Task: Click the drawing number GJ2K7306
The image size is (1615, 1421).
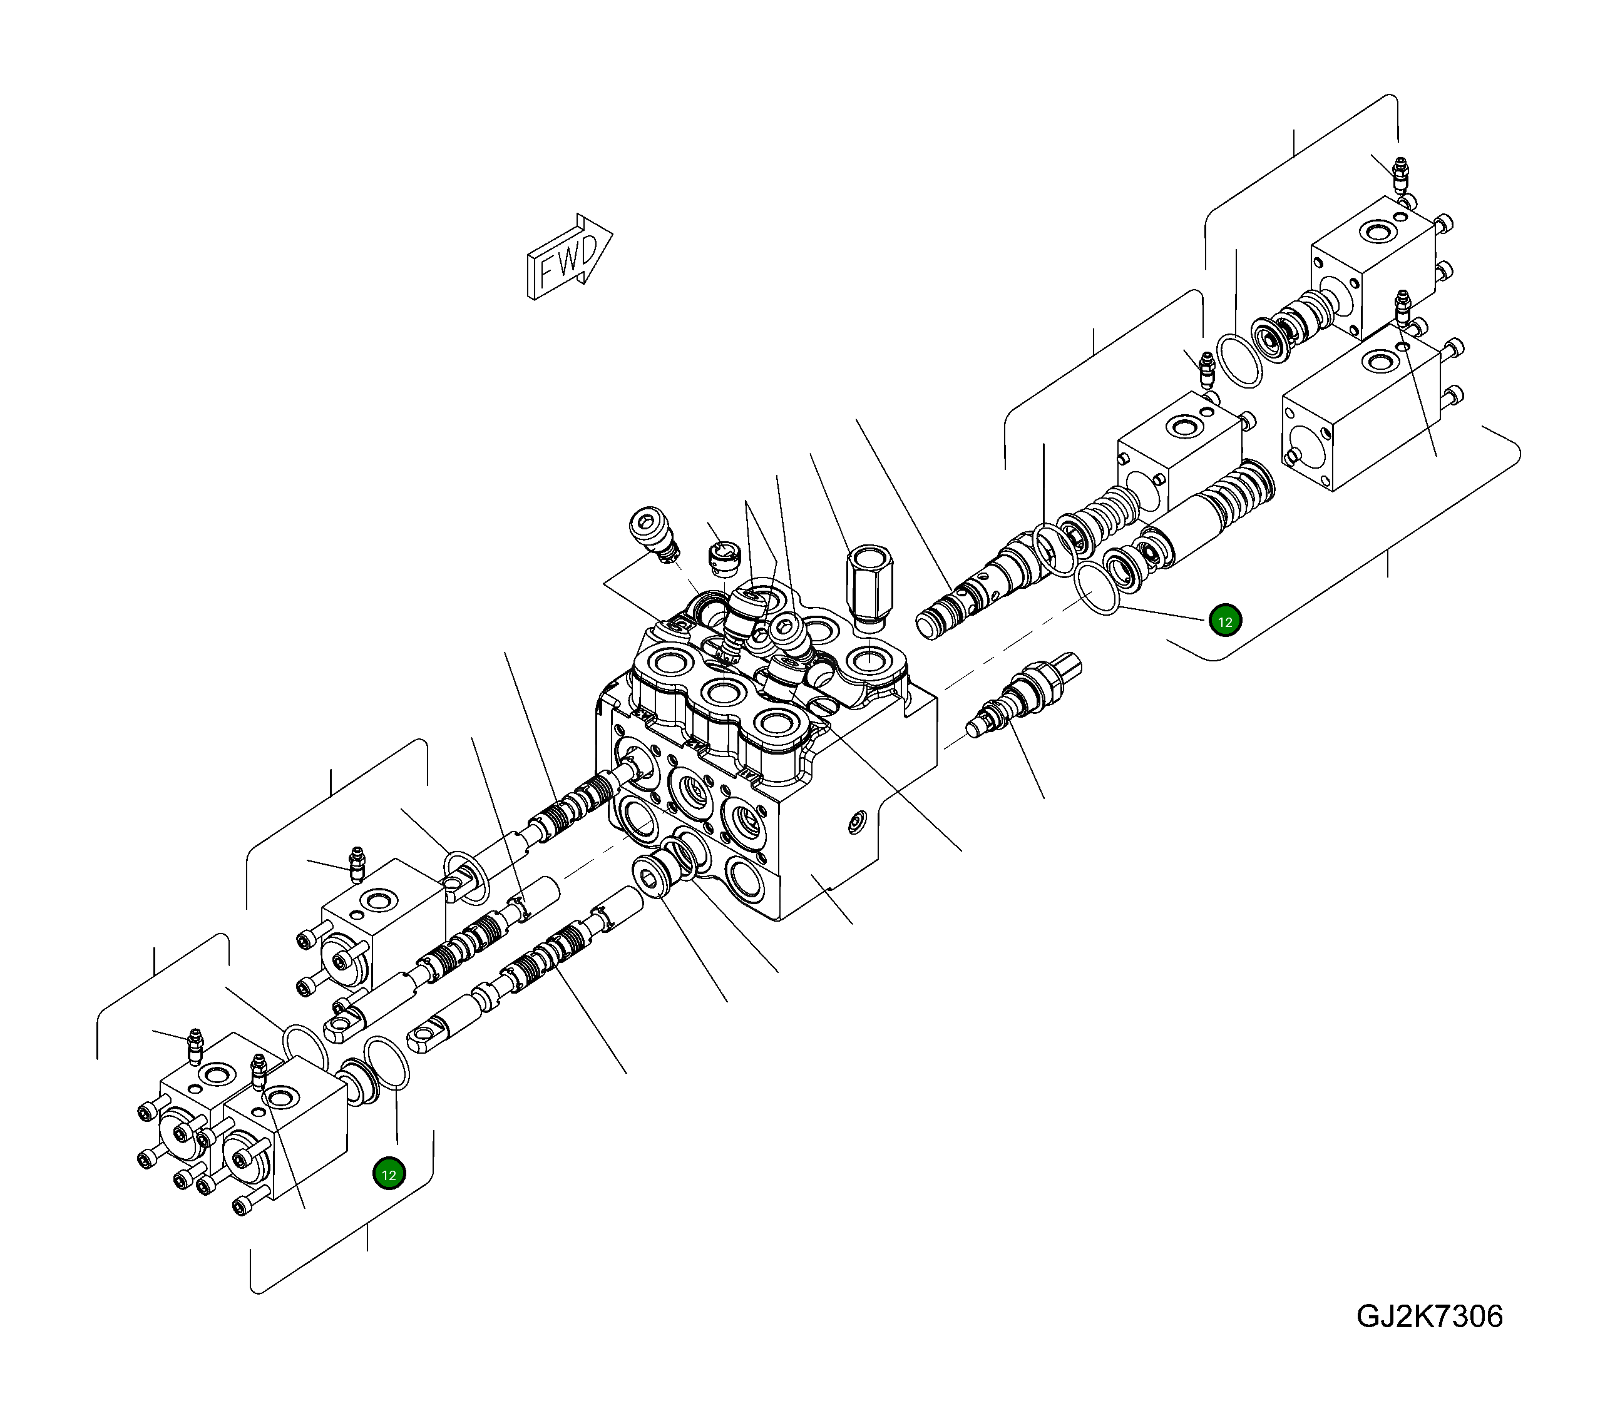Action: coord(1428,1316)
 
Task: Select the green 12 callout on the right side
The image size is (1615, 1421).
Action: coord(1224,621)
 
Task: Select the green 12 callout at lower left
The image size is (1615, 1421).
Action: coord(389,1174)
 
